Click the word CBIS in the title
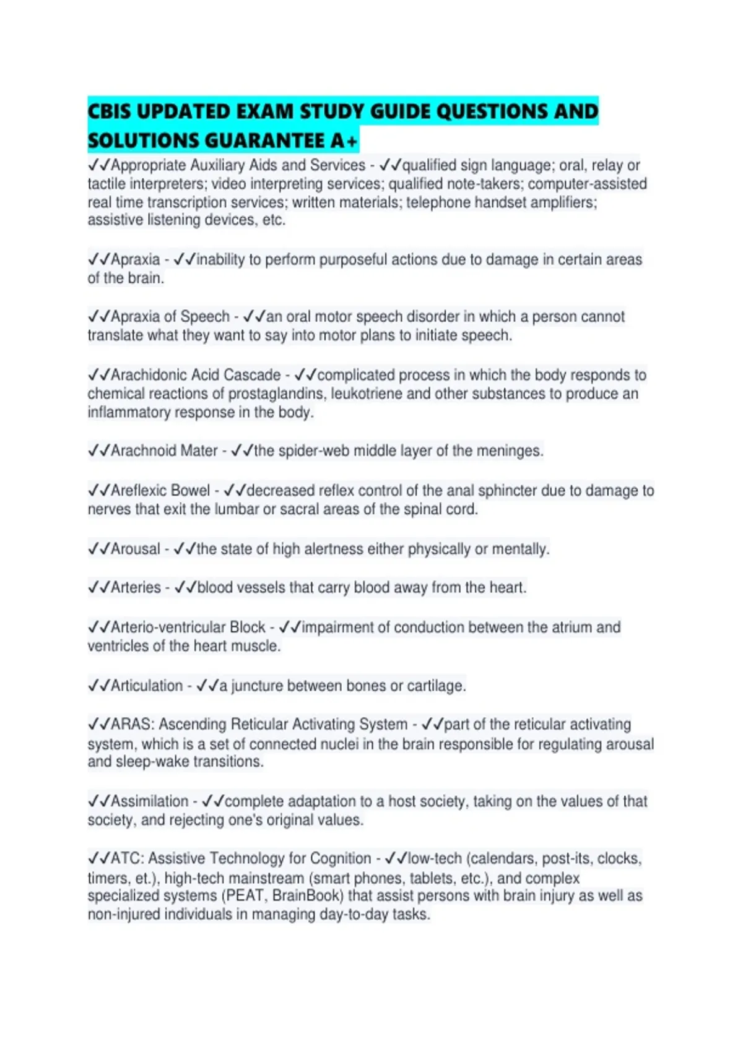tap(108, 111)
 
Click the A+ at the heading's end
tap(344, 141)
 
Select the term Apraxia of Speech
tap(170, 317)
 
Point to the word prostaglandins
tap(277, 394)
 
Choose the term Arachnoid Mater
tap(164, 451)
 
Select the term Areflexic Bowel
tap(160, 491)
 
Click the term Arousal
tap(136, 549)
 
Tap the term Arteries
tap(136, 587)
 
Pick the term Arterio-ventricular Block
tap(188, 627)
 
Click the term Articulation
tap(147, 686)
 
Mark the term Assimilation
tap(150, 801)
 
